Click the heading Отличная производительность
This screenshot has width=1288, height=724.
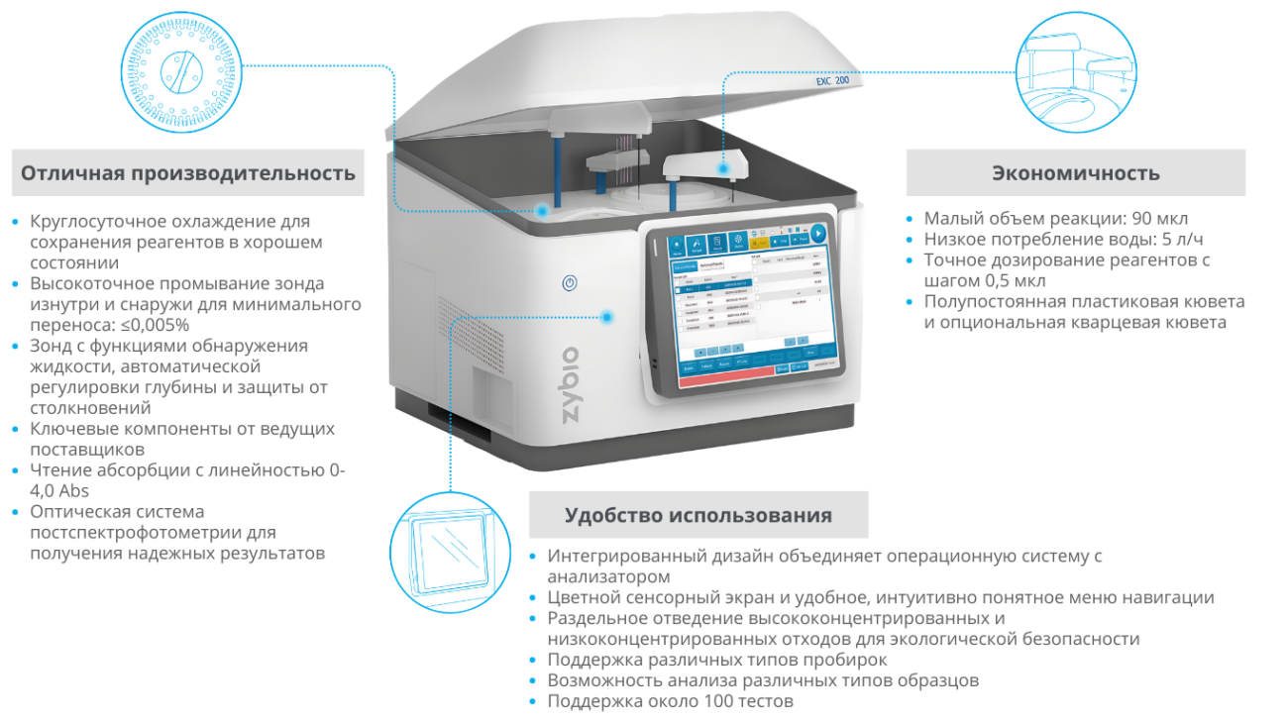pos(188,173)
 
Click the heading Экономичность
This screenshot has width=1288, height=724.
pos(1075,173)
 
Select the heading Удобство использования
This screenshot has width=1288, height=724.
pos(698,515)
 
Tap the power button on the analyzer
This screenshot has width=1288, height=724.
pos(570,283)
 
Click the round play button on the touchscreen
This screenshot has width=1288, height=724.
pos(817,234)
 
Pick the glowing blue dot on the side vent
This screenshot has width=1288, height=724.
pos(606,317)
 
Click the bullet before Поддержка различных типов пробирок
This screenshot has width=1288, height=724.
pos(535,661)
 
